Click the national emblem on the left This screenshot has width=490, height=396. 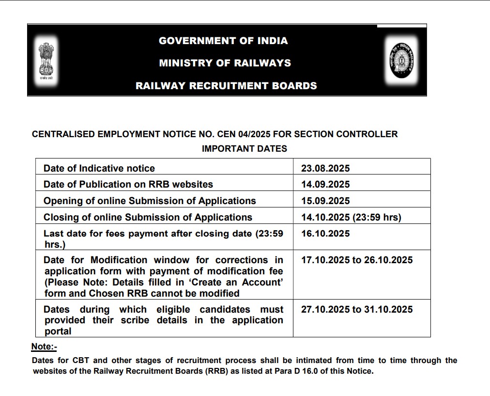[x=46, y=60]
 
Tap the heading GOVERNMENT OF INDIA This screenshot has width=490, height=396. [x=223, y=41]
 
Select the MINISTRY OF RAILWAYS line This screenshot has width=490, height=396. [x=225, y=63]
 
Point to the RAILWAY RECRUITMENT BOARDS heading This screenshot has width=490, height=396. [x=226, y=86]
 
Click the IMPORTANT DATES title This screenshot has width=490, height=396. [x=244, y=149]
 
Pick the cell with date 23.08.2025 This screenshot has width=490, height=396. [x=325, y=168]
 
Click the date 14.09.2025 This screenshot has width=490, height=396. [x=325, y=184]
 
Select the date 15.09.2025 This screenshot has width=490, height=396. [x=325, y=201]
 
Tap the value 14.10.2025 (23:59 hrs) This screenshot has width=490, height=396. [x=351, y=217]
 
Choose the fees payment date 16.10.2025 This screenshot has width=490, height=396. [x=325, y=234]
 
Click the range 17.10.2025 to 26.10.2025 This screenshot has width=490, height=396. [x=357, y=260]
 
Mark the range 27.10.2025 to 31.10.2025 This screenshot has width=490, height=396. [x=357, y=309]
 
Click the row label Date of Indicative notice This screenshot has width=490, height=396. [x=99, y=168]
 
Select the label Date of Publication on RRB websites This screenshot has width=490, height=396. [x=128, y=184]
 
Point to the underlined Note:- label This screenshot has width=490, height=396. [x=44, y=347]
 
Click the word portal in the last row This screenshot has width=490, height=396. [x=58, y=332]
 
